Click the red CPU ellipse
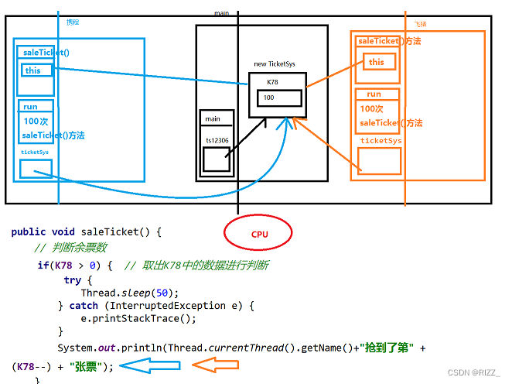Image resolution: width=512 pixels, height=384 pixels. (x=258, y=234)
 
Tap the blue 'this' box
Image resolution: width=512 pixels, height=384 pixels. (x=37, y=70)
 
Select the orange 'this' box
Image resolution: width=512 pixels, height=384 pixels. (x=377, y=62)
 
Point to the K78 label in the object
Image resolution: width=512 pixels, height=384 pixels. (x=273, y=81)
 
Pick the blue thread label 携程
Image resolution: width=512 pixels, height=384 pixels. (x=73, y=22)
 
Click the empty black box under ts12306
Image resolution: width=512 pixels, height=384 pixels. (x=216, y=159)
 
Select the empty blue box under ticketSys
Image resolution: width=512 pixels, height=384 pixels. (x=36, y=168)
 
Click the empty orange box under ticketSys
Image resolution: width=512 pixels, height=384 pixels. (x=379, y=160)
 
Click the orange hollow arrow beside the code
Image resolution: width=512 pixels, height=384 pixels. (x=213, y=365)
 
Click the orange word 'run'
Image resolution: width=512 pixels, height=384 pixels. (x=374, y=94)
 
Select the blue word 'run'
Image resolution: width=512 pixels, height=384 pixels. (x=30, y=106)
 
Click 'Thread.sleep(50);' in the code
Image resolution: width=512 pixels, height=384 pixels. (x=130, y=293)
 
